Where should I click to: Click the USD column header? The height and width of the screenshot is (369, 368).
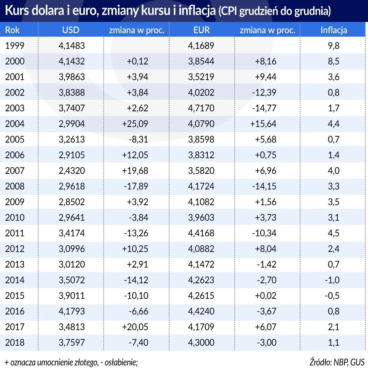[71, 30]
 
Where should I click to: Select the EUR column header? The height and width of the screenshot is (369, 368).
[201, 30]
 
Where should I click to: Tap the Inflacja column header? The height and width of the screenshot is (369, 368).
[333, 30]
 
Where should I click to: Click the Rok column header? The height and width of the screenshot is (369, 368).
[12, 30]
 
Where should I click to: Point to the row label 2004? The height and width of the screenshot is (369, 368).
[15, 124]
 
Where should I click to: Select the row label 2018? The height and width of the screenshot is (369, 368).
[15, 342]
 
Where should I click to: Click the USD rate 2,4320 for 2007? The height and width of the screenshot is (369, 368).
[72, 171]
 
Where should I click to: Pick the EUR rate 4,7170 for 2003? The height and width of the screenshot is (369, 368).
[201, 108]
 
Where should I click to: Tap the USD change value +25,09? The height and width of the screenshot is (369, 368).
[135, 124]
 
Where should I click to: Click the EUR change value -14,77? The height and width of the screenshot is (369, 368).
[264, 108]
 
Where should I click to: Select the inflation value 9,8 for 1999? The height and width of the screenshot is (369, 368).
[333, 46]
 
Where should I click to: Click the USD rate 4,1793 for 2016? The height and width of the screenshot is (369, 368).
[72, 311]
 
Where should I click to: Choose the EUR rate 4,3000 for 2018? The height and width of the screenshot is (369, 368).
[201, 342]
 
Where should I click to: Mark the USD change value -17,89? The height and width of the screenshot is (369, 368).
[136, 186]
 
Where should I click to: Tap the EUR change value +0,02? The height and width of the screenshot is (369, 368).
[265, 295]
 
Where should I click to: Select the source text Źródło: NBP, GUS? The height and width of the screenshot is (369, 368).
[337, 362]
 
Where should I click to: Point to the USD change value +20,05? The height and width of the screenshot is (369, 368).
[135, 327]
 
